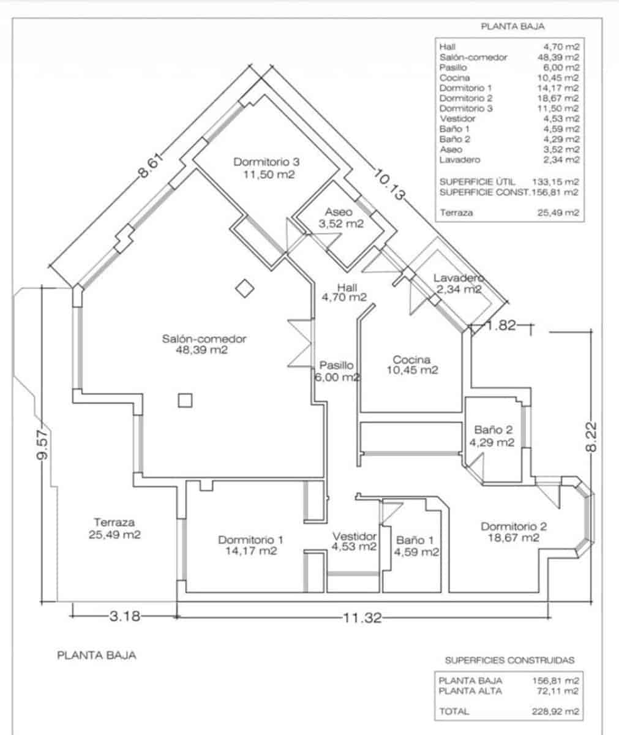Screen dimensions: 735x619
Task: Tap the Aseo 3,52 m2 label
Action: click(x=341, y=218)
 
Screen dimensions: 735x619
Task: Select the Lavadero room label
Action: click(x=459, y=284)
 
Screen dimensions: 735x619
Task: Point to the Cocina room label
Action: click(x=412, y=365)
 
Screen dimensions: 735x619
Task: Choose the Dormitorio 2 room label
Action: click(x=513, y=532)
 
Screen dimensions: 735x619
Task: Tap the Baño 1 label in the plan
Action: click(x=416, y=546)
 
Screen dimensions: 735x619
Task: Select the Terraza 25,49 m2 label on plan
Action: click(x=114, y=529)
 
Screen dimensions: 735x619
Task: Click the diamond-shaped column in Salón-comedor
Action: click(x=245, y=288)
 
